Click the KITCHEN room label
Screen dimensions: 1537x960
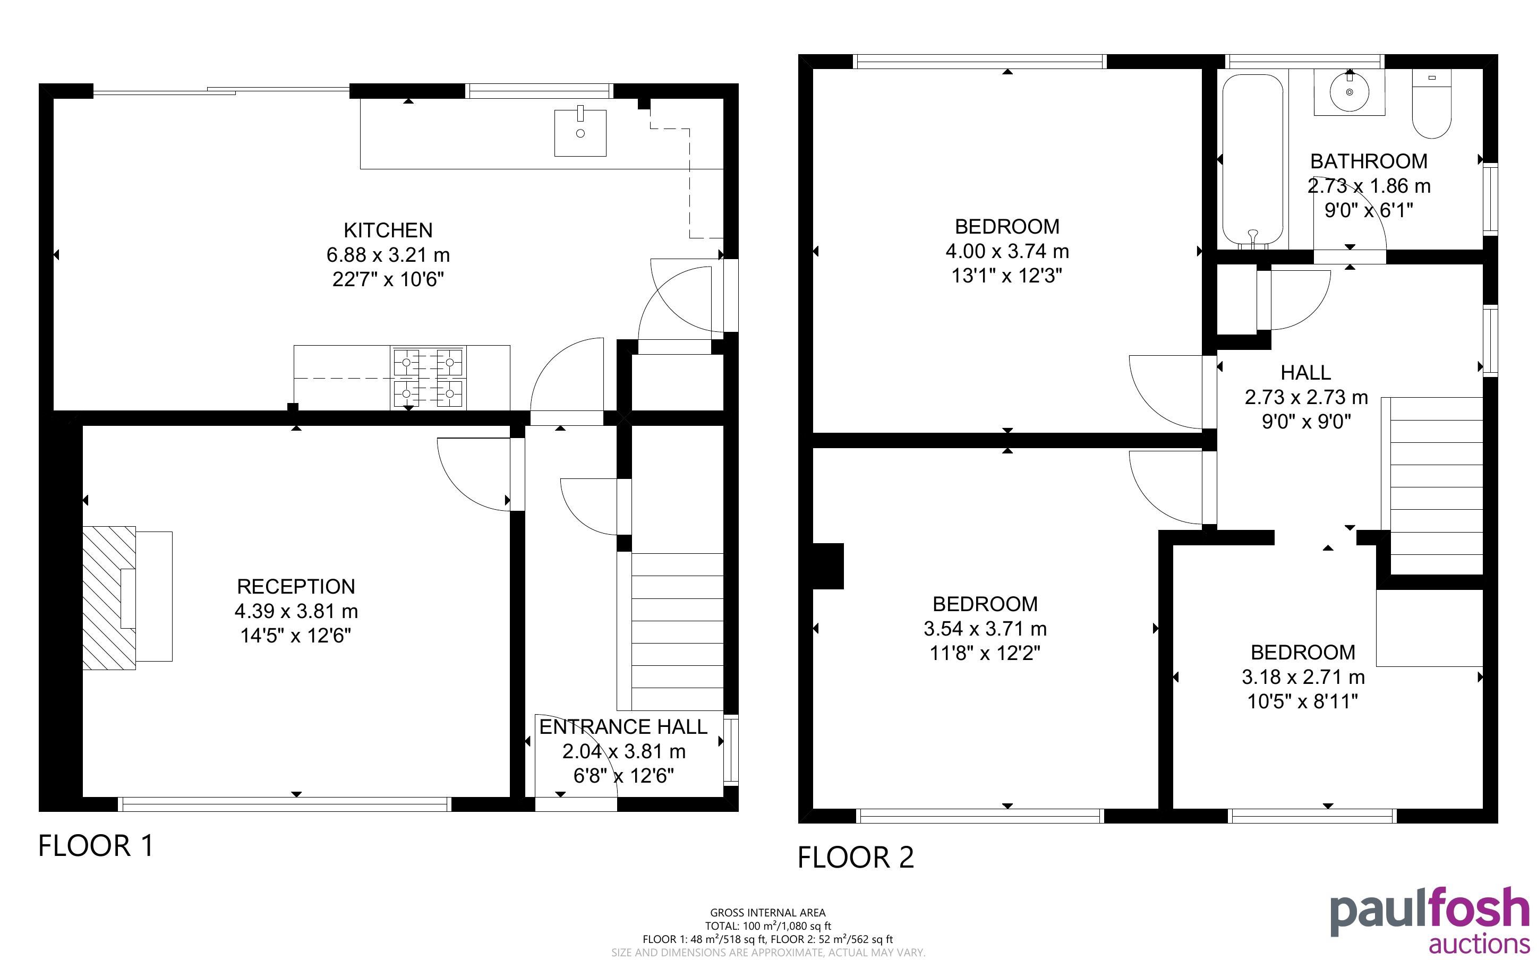pos(388,230)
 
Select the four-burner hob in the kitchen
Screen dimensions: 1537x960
pos(429,379)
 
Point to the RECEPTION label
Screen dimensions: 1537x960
pos(296,586)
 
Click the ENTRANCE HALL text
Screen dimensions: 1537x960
pos(624,726)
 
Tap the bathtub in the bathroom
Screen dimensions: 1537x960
pos(1252,161)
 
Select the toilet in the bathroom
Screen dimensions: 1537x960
pos(1432,104)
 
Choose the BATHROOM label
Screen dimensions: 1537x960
pos(1369,161)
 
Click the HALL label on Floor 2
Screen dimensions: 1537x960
pos(1306,372)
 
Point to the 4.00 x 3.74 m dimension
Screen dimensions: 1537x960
pos(1007,252)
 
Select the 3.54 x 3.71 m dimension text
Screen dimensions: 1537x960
pos(985,629)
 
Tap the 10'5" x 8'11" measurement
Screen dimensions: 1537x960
pos(1303,701)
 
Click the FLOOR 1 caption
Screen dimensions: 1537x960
pos(96,846)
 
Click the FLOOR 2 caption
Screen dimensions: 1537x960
pos(856,857)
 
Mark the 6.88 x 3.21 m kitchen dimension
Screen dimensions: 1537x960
pos(388,255)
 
